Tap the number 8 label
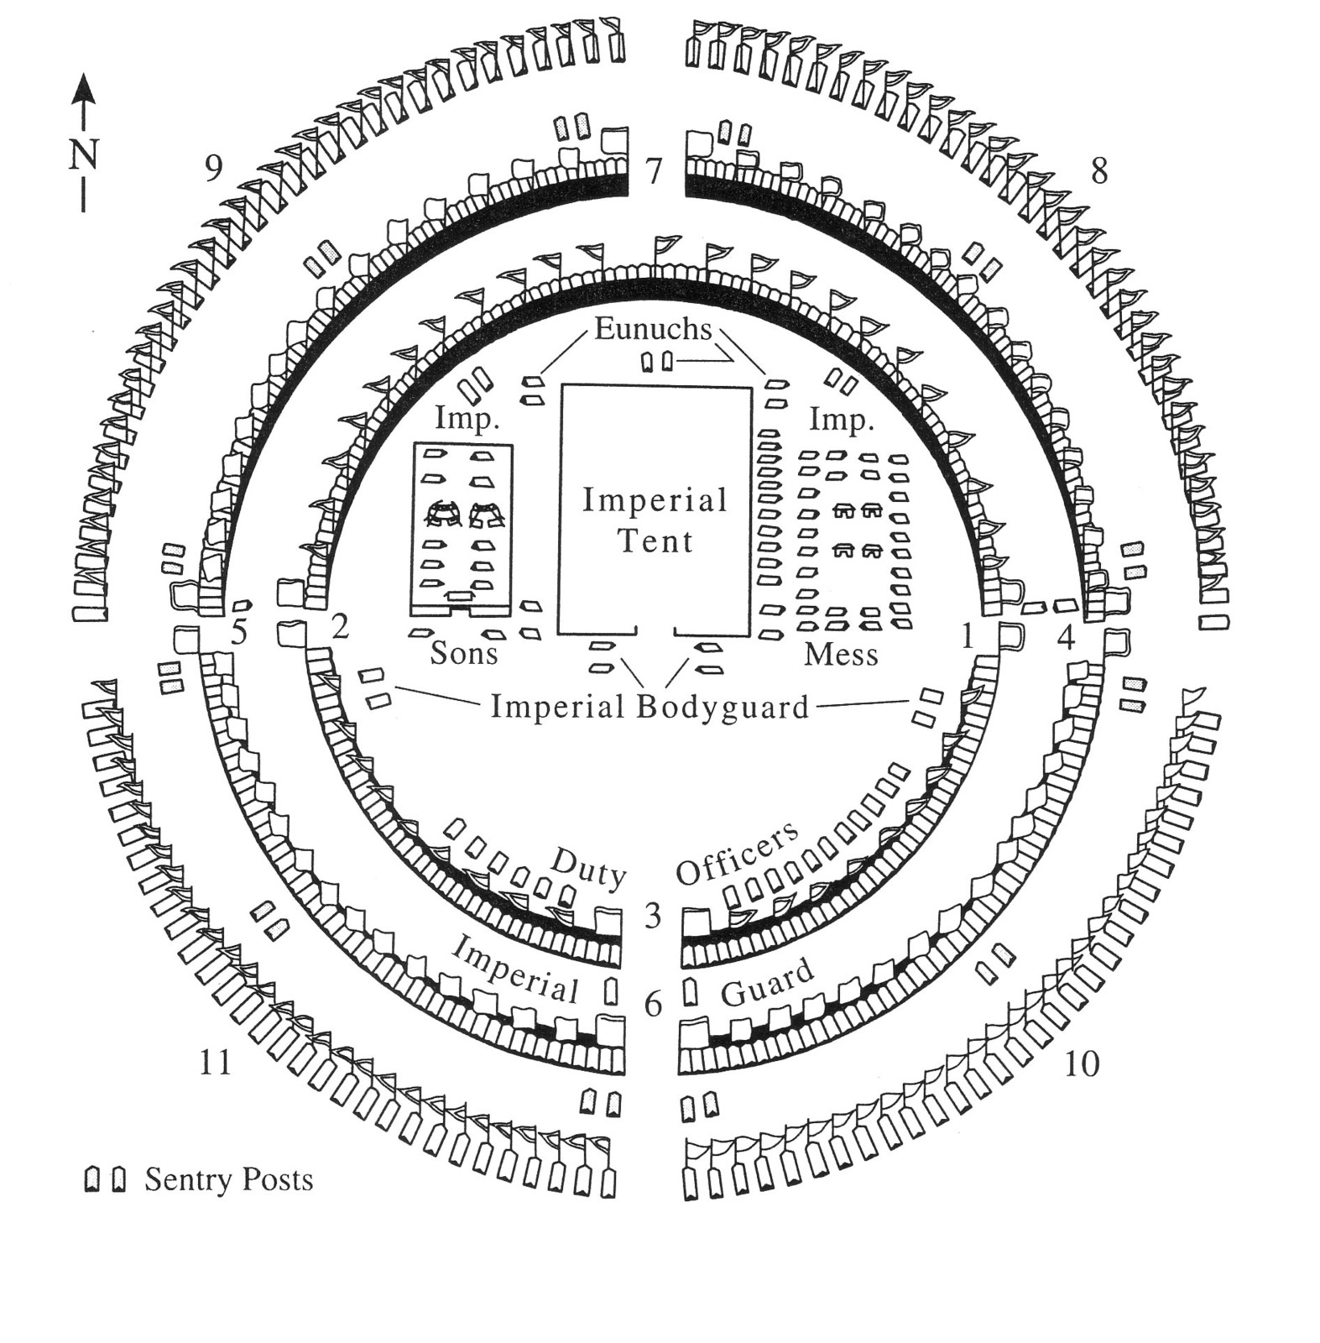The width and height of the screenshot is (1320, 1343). (1098, 171)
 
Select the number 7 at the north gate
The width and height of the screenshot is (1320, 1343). (654, 171)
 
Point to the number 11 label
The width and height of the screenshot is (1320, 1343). (215, 1063)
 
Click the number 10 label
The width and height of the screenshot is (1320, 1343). (1082, 1063)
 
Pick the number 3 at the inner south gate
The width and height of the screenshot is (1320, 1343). (654, 915)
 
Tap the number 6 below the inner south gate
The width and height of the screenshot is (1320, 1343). (654, 1003)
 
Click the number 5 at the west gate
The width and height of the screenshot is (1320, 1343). (241, 632)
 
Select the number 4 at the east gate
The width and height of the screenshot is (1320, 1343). (1066, 638)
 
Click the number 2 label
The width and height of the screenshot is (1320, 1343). (340, 626)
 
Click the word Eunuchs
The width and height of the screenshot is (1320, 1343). (653, 328)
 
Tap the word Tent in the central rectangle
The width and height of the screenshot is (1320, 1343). (655, 541)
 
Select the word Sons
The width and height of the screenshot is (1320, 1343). (464, 652)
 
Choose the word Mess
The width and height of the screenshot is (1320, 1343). (841, 654)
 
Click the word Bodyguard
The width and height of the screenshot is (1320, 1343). (723, 707)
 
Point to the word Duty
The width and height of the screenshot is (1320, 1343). (589, 868)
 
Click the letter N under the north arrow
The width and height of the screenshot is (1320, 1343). (83, 155)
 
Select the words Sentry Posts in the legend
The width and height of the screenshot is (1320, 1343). (229, 1179)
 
